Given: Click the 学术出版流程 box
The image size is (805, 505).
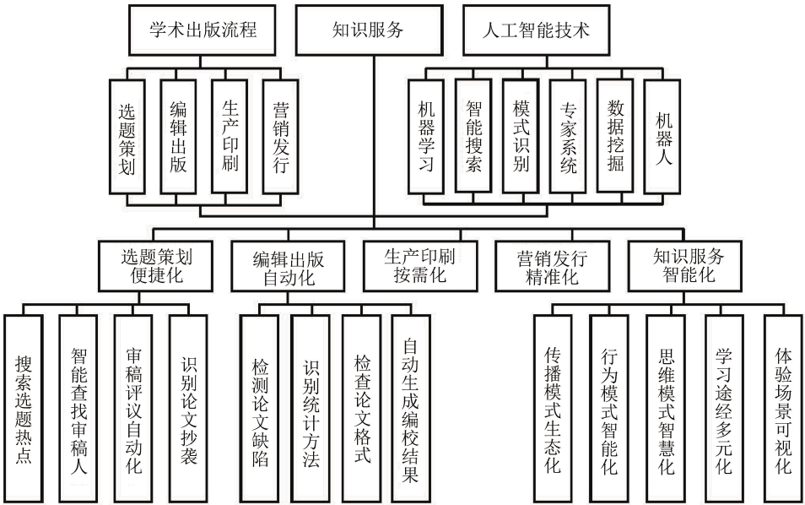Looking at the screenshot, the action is click(x=202, y=30).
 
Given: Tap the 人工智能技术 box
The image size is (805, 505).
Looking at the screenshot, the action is click(x=537, y=30).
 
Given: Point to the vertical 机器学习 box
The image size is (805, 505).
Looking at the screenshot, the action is click(x=425, y=136).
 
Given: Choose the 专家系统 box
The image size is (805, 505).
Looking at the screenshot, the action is click(x=567, y=136).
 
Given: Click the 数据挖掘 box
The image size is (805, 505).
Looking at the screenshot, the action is click(x=614, y=136).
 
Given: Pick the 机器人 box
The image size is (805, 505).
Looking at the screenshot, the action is click(x=662, y=136).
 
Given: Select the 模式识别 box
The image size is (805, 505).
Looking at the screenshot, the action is click(x=521, y=136).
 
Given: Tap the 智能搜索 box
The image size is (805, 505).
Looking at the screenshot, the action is click(x=473, y=136).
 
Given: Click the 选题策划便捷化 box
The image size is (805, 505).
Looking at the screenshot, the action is click(x=155, y=266).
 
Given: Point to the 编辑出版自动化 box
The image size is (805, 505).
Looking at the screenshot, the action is click(x=288, y=266).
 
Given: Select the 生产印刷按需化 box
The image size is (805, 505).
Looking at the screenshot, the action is click(x=420, y=266).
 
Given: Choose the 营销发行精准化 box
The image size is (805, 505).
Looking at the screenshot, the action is click(x=553, y=266).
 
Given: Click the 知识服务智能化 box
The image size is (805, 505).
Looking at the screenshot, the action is click(x=685, y=266).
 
